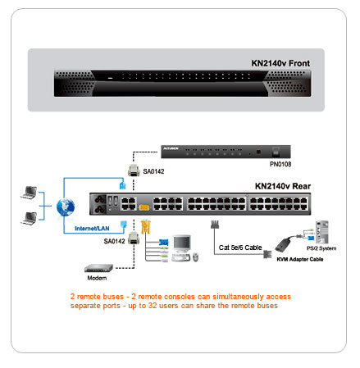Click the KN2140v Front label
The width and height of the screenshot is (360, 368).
(280, 63)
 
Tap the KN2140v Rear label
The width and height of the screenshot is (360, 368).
(283, 186)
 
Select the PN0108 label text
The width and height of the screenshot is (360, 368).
(280, 164)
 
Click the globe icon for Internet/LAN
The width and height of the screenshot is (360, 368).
(66, 207)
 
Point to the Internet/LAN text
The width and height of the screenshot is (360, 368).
(92, 229)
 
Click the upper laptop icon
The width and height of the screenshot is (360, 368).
(29, 192)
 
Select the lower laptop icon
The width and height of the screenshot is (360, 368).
(29, 218)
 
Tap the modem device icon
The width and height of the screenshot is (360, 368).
(98, 268)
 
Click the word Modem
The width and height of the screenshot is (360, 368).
(97, 278)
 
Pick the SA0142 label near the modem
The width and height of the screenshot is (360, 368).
(114, 241)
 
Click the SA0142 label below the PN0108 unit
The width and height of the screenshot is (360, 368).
(153, 171)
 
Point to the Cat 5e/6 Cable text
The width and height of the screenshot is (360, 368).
(240, 248)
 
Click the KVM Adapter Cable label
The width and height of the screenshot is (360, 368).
(300, 259)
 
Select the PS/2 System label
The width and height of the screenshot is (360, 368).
(321, 248)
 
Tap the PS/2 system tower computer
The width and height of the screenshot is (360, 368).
(321, 232)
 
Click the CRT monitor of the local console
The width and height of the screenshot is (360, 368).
(181, 243)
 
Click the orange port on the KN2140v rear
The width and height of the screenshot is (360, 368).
(144, 207)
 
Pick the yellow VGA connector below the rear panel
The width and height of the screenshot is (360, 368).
(146, 227)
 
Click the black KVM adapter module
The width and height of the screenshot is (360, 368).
(285, 244)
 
